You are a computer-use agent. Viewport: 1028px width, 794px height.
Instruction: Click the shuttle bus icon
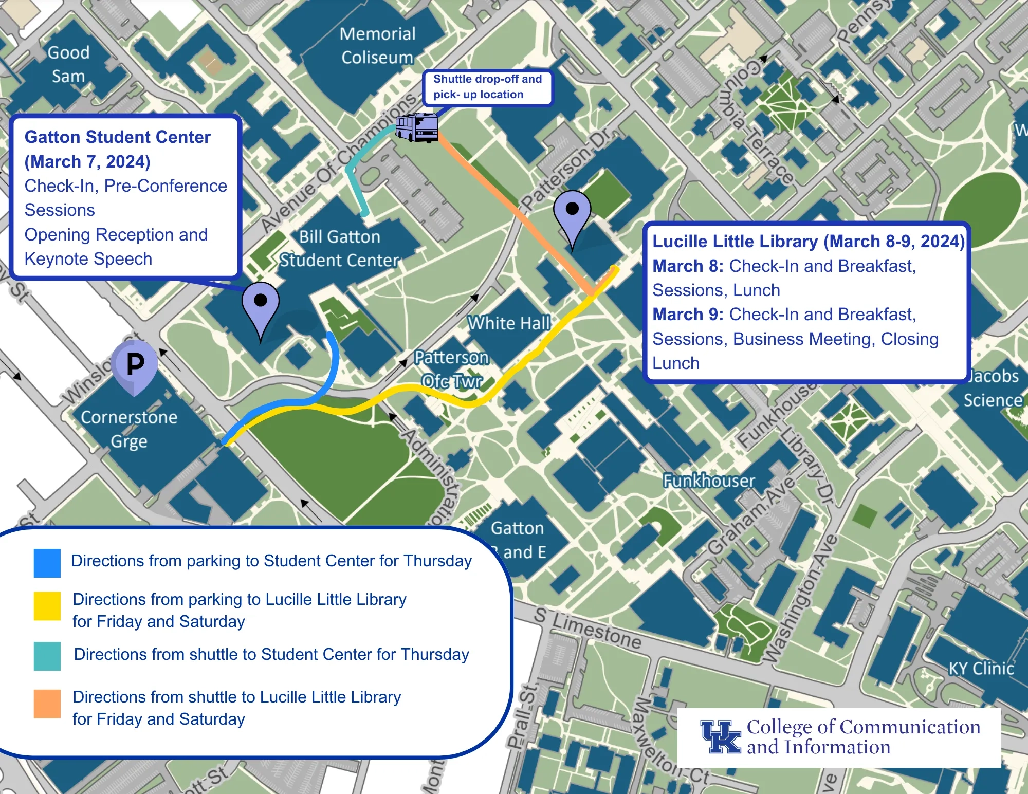(x=417, y=127)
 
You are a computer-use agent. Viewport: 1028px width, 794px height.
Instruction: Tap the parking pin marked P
(x=135, y=364)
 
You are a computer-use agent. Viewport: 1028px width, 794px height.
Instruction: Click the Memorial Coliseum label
(x=377, y=46)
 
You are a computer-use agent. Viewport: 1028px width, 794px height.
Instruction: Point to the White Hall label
(x=509, y=323)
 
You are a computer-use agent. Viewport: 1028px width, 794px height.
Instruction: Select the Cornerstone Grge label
(x=129, y=429)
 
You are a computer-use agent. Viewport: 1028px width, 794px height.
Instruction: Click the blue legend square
(x=47, y=563)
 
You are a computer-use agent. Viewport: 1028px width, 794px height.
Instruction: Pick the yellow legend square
(x=47, y=606)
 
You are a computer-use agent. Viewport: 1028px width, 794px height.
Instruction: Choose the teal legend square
(x=47, y=656)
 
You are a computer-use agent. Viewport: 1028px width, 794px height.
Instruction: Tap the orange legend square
(x=47, y=704)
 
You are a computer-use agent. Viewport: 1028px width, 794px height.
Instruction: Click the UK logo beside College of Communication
(x=721, y=736)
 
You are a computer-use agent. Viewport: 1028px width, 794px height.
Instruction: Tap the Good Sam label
(x=68, y=64)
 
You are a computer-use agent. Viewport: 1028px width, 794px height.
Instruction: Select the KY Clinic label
(x=981, y=669)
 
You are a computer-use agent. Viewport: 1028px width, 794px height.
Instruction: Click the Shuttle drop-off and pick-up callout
(x=487, y=87)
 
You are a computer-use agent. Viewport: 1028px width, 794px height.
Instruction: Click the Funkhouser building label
(x=709, y=481)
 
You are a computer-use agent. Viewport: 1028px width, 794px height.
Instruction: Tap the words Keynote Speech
(x=88, y=259)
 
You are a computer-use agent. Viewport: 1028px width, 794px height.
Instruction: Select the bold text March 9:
(x=688, y=315)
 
